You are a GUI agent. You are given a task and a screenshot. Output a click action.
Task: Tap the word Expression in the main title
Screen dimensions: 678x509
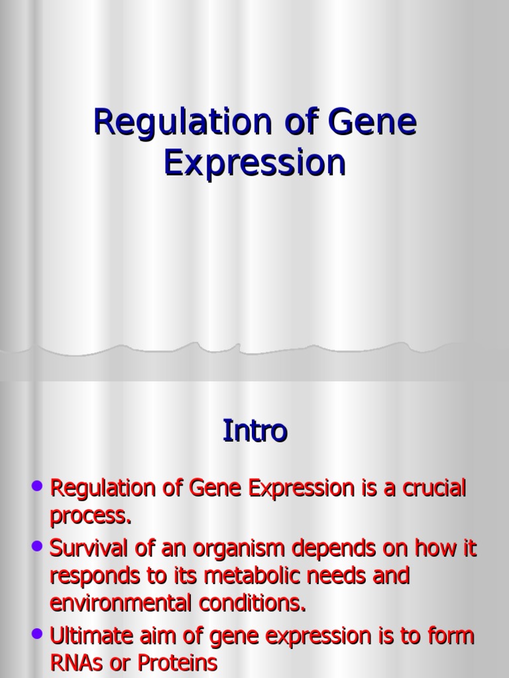pos(255,163)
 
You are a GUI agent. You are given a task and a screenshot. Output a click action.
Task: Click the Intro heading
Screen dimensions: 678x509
pos(254,431)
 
